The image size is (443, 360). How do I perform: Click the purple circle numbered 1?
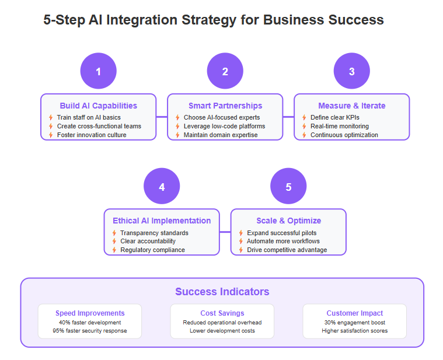tap(98, 71)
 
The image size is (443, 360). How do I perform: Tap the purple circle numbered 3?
tap(352, 71)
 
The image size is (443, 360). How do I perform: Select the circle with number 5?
tap(288, 186)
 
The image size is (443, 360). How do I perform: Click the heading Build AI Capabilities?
tap(98, 106)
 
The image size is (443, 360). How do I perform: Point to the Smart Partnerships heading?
tap(225, 106)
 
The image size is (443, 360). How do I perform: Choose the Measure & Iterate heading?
tap(352, 106)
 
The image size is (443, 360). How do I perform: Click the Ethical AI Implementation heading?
tap(162, 221)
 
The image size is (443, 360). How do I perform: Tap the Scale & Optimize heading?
tap(288, 221)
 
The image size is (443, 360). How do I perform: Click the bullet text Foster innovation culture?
tap(92, 135)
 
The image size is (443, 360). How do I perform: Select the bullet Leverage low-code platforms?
tap(224, 126)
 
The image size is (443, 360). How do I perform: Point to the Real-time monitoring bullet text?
tap(340, 126)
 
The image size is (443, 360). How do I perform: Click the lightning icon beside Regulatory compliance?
tap(114, 250)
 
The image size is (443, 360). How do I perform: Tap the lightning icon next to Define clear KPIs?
tap(304, 117)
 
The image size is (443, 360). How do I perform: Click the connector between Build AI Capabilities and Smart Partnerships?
tap(162, 117)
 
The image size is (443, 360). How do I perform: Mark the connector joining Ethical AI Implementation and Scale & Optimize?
tap(225, 232)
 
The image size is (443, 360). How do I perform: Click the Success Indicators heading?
tap(222, 292)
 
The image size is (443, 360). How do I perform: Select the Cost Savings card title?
tap(222, 313)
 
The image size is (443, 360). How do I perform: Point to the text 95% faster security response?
tap(90, 331)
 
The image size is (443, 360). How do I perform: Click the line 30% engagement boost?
tap(354, 323)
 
